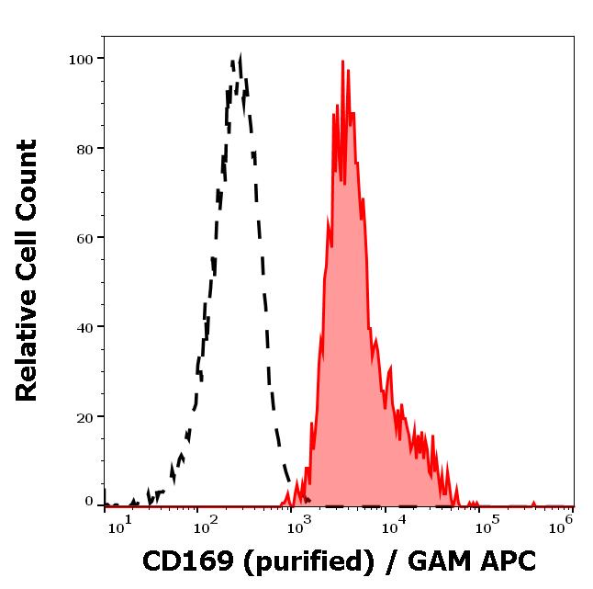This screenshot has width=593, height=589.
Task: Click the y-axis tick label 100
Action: [x=82, y=60]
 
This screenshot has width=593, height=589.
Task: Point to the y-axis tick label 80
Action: [x=85, y=149]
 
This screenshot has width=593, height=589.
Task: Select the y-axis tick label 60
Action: [x=85, y=238]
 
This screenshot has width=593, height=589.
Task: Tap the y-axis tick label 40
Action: [x=85, y=327]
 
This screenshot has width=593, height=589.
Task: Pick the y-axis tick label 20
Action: [x=85, y=416]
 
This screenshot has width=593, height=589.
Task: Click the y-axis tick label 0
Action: [x=90, y=502]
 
